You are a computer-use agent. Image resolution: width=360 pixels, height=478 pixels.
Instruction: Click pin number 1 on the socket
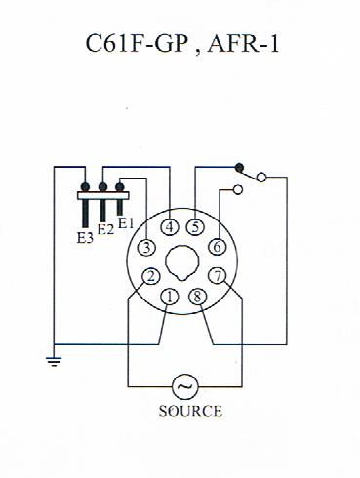click(x=171, y=297)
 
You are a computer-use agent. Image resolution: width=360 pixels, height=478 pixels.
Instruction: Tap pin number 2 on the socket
click(x=151, y=277)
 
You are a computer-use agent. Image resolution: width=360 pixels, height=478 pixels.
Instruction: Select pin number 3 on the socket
click(x=144, y=249)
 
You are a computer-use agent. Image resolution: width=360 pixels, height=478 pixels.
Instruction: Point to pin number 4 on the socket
click(x=171, y=228)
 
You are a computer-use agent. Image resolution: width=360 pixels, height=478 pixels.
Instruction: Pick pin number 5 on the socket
click(x=196, y=228)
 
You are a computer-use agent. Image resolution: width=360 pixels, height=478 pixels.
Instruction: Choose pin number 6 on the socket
click(x=218, y=248)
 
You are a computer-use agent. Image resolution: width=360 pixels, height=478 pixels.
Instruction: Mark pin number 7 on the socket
click(x=218, y=277)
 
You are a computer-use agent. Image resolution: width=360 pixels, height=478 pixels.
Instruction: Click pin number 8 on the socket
click(x=199, y=297)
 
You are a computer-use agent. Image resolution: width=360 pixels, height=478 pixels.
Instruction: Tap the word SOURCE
click(x=190, y=411)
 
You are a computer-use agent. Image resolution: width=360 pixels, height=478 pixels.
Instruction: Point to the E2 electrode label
click(x=105, y=230)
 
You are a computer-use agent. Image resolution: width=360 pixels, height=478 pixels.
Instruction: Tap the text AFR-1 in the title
click(x=245, y=45)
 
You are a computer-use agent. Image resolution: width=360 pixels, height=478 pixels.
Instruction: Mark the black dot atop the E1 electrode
click(x=120, y=185)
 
